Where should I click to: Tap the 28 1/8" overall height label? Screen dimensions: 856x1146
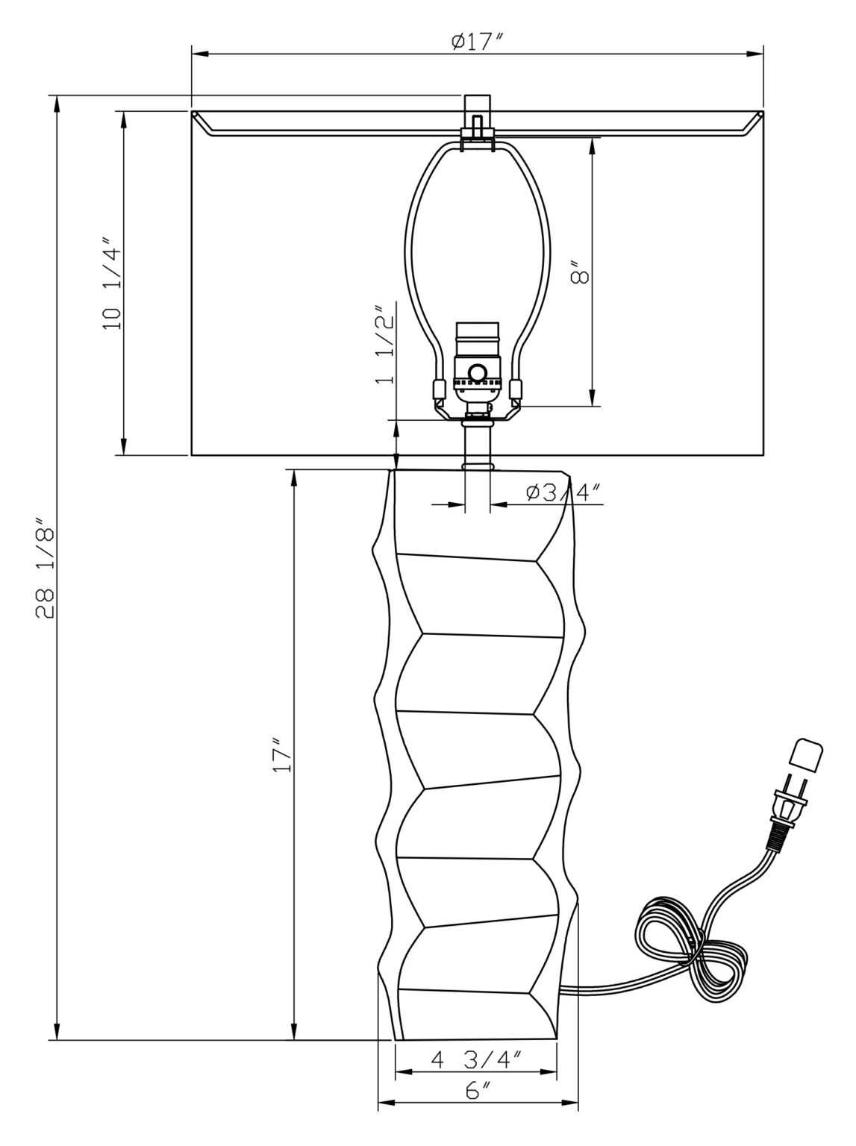[45, 569]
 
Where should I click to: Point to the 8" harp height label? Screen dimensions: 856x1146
[579, 272]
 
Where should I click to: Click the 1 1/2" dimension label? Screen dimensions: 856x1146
[385, 345]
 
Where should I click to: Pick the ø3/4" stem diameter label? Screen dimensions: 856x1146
[564, 492]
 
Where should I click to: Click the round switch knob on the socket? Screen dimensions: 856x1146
[476, 373]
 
